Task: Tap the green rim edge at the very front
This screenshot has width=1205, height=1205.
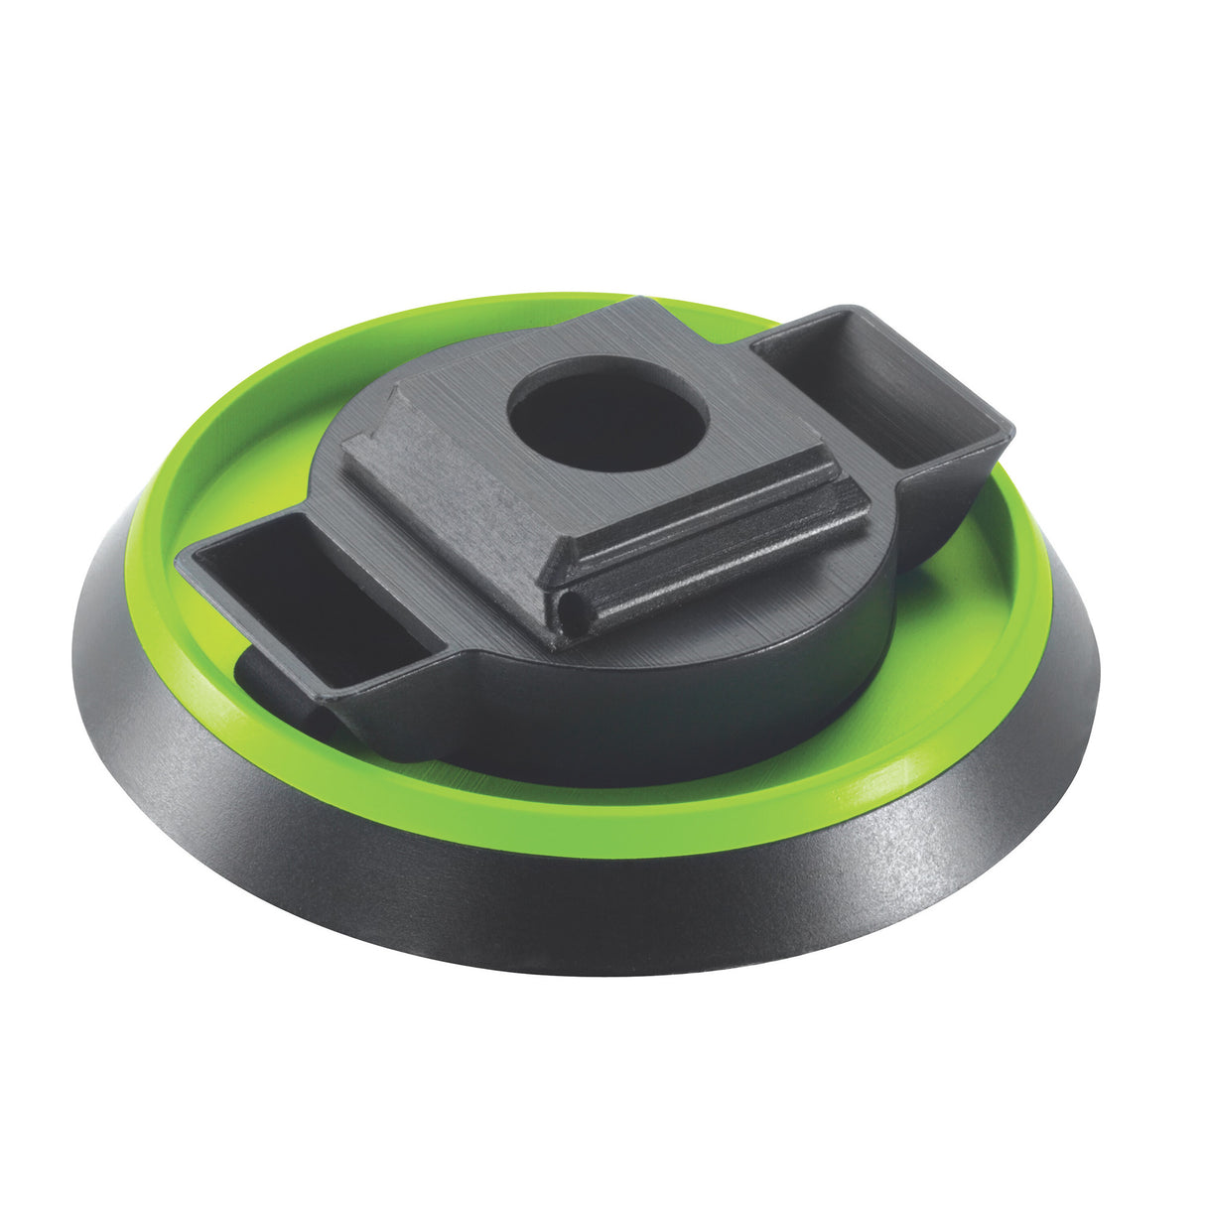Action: click(596, 844)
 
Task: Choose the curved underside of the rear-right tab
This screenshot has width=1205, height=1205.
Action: click(943, 516)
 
